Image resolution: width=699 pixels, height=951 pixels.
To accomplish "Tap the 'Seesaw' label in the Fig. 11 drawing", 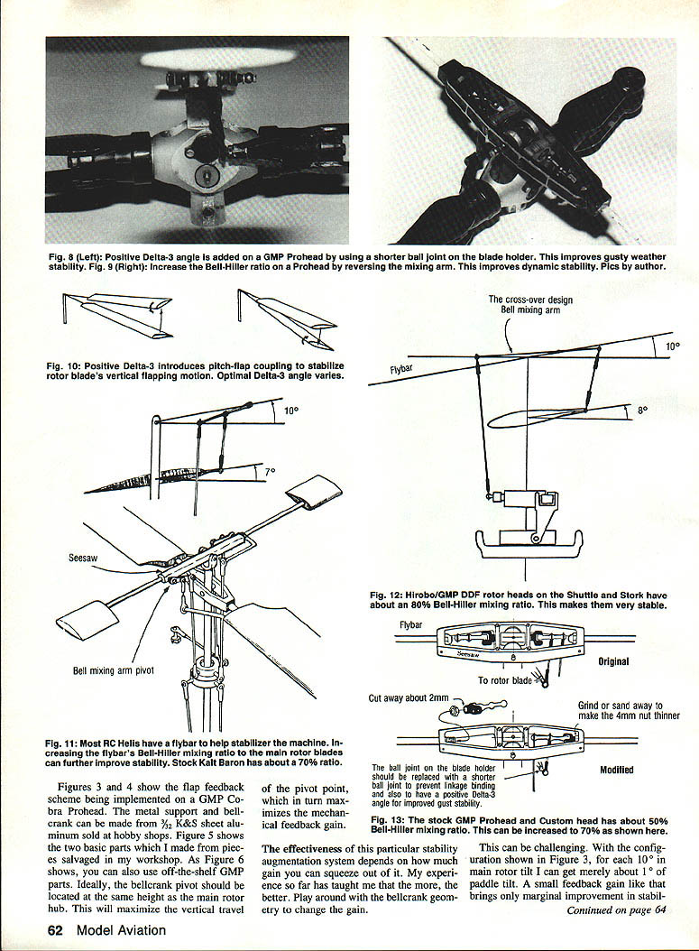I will tap(83, 559).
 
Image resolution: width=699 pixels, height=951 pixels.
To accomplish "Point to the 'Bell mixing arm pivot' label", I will tap(112, 670).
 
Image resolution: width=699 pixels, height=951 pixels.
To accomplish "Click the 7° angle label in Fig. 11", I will tap(270, 470).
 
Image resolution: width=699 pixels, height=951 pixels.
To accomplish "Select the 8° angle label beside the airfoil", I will tap(643, 409).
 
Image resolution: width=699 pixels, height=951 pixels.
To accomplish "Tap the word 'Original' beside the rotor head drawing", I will tap(613, 661).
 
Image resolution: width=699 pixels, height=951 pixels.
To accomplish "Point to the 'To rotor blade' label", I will tap(504, 680).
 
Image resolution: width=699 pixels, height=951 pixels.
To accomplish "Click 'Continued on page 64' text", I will tap(615, 909).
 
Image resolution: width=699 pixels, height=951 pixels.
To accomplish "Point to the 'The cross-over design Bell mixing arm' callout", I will tap(530, 304).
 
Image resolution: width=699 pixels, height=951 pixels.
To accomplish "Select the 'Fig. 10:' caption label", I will tap(64, 365).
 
